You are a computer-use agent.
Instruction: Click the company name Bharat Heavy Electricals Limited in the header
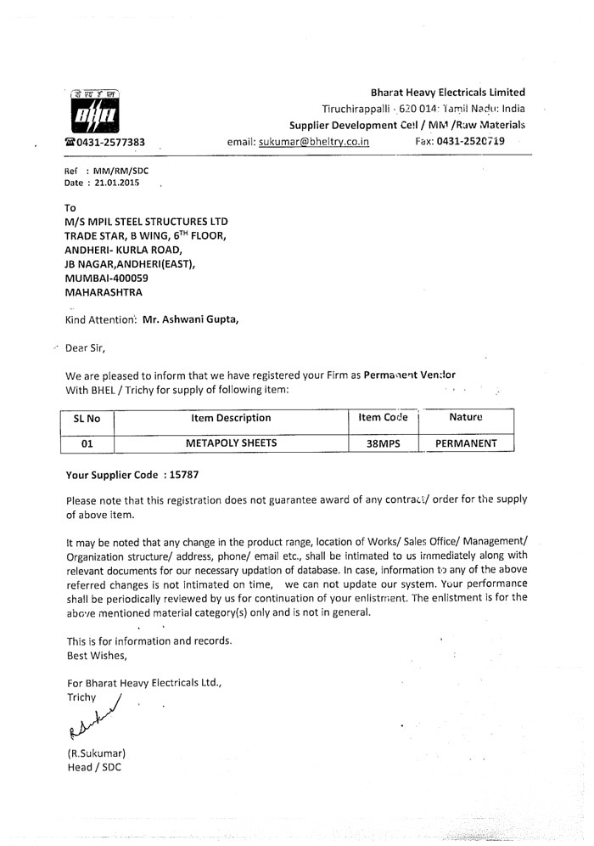click(x=447, y=93)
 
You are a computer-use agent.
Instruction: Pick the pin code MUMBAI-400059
click(x=107, y=278)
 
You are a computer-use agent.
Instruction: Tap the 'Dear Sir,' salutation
click(x=86, y=347)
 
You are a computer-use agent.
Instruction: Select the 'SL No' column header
click(x=88, y=418)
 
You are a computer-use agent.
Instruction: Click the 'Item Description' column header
click(x=232, y=418)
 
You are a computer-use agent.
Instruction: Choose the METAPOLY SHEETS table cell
click(x=232, y=443)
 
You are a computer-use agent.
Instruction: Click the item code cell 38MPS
click(x=383, y=443)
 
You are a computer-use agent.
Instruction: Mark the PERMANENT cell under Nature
click(x=466, y=443)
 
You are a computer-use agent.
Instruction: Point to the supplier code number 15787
click(x=185, y=477)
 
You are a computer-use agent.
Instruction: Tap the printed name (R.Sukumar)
click(x=96, y=753)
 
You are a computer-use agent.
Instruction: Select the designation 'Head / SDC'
click(x=93, y=767)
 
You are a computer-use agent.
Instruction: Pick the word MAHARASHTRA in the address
click(x=106, y=292)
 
